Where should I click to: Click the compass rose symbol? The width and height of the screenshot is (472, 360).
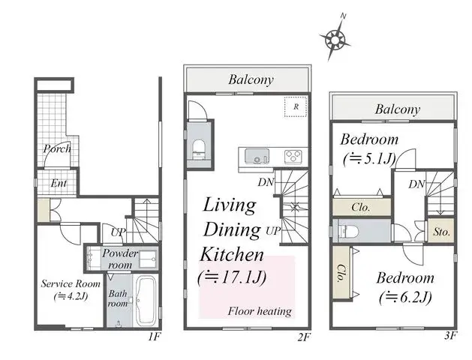tap(335, 38)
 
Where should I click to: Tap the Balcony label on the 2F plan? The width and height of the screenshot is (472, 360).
tap(251, 80)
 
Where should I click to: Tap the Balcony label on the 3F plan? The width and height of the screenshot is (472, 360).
tap(398, 109)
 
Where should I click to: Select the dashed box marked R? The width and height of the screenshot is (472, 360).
tap(296, 106)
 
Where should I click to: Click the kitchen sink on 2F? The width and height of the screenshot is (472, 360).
tap(257, 157)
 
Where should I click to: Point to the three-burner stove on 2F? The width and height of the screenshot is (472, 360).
tap(293, 157)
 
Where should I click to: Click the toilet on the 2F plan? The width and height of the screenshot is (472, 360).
tap(198, 148)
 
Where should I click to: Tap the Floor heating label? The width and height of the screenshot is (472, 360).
tap(260, 311)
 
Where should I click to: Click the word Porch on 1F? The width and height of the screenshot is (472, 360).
tap(57, 148)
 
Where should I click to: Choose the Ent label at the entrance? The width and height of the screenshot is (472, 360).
tap(59, 183)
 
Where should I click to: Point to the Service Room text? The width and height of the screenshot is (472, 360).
tap(71, 284)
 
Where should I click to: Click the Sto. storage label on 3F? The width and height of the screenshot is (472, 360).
tap(442, 232)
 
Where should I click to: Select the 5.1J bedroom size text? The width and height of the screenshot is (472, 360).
tap(369, 159)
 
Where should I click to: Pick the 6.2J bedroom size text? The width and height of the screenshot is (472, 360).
tap(405, 298)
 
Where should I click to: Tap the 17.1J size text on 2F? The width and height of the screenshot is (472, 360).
tap(232, 277)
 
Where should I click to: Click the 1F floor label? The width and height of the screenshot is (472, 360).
tap(154, 337)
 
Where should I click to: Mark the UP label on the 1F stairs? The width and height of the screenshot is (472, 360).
tap(118, 232)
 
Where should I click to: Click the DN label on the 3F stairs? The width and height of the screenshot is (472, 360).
tap(417, 184)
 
